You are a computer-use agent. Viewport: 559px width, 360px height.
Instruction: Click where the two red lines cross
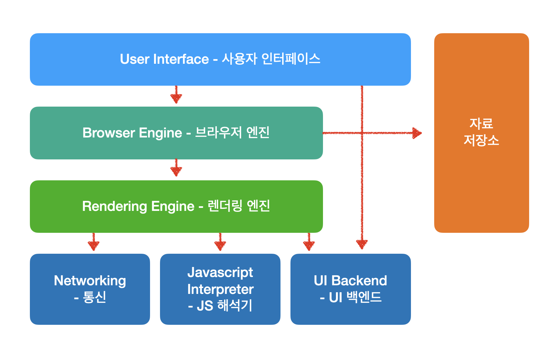pos(362,133)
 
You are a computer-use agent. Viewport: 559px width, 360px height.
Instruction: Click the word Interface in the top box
pos(181,59)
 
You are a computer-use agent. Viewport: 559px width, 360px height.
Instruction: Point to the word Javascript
pos(220,273)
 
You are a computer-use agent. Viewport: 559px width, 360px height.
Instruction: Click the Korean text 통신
pos(95,297)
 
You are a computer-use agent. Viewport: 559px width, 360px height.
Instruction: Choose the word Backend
pos(359,281)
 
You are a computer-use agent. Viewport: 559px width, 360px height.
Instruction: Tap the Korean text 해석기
pos(234,306)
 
